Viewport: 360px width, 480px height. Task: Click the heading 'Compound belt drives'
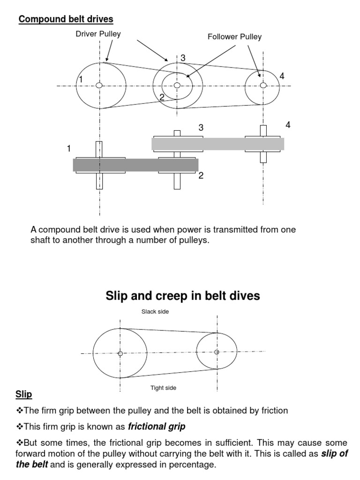point(66,19)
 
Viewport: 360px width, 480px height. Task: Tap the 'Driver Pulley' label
point(98,34)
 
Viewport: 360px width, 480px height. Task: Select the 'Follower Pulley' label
point(234,37)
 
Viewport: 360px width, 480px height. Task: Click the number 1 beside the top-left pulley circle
point(81,80)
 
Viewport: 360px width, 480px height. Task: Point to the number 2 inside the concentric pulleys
point(162,97)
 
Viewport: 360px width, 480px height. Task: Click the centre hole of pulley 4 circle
point(263,85)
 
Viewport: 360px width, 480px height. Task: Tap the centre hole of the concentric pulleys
point(177,85)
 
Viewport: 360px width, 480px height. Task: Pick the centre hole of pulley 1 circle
point(99,85)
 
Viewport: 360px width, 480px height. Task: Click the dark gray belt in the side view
point(135,165)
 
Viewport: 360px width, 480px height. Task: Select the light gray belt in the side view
point(217,143)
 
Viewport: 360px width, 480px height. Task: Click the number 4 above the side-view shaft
point(288,125)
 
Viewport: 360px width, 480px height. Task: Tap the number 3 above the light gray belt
point(201,127)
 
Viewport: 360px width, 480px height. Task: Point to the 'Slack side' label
point(155,312)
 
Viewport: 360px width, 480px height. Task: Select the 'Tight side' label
point(163,388)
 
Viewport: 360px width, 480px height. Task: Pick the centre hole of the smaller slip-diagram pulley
point(217,352)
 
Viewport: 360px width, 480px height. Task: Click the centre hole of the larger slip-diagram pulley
point(120,353)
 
